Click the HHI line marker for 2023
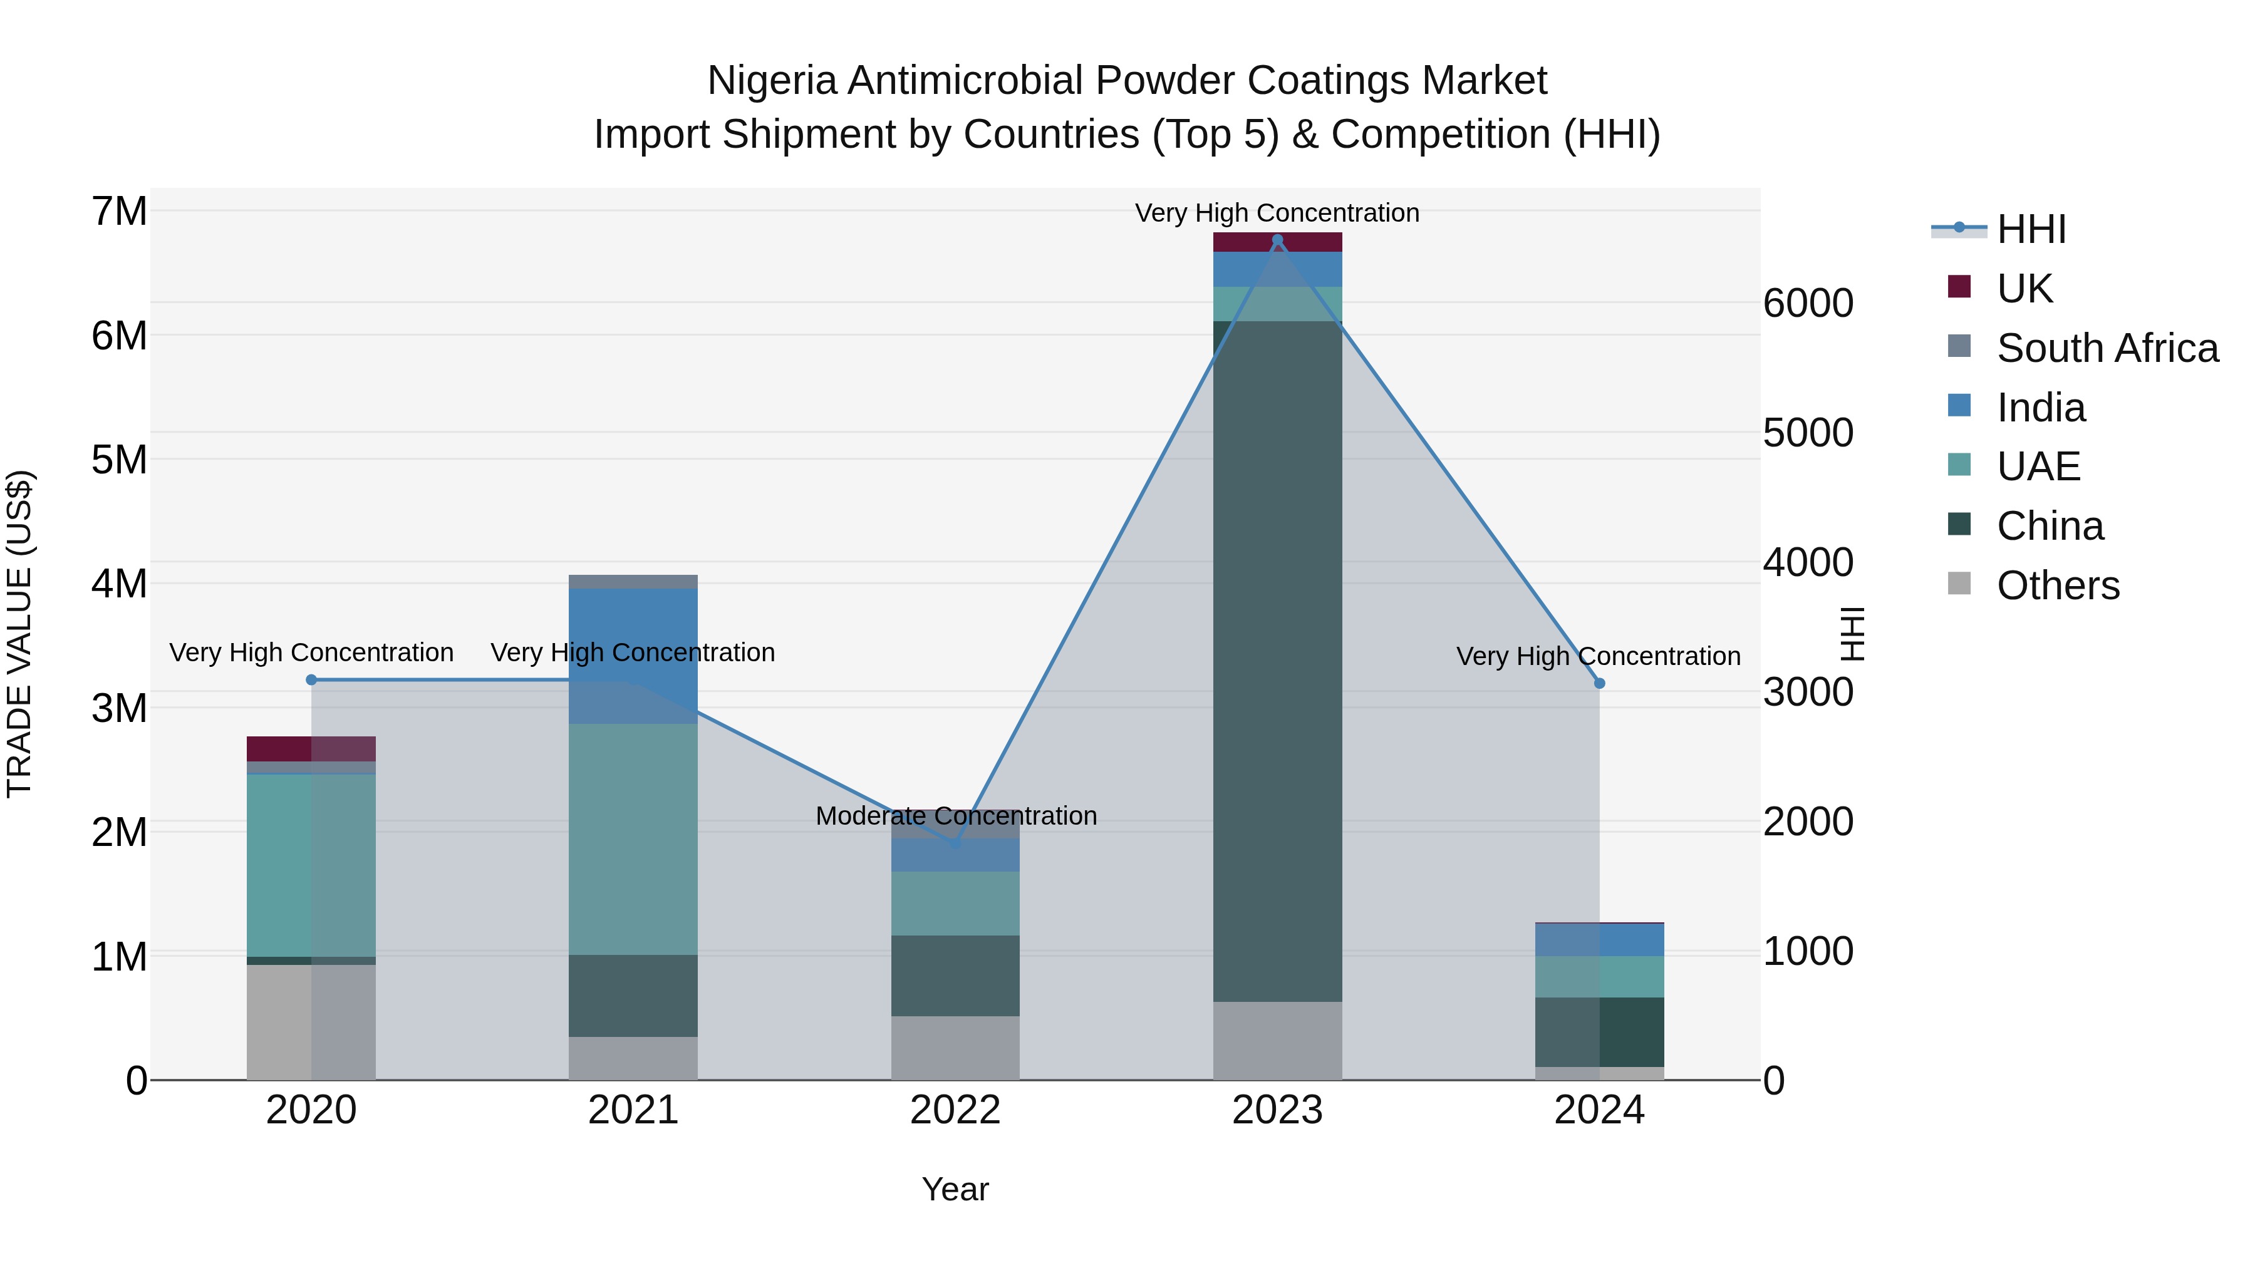tap(1277, 240)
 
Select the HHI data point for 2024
tap(1599, 683)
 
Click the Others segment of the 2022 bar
tap(955, 1048)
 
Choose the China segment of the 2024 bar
tap(1599, 1032)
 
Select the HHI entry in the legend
tap(2031, 229)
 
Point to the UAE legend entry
tap(2038, 466)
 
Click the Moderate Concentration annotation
tap(956, 815)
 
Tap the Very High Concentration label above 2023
tap(1277, 213)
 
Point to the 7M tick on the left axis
tap(120, 212)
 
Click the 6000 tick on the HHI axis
tap(1808, 303)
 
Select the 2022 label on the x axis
tap(955, 1110)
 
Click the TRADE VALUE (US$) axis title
tap(19, 634)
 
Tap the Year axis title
tap(955, 1189)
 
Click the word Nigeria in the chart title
tap(772, 81)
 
